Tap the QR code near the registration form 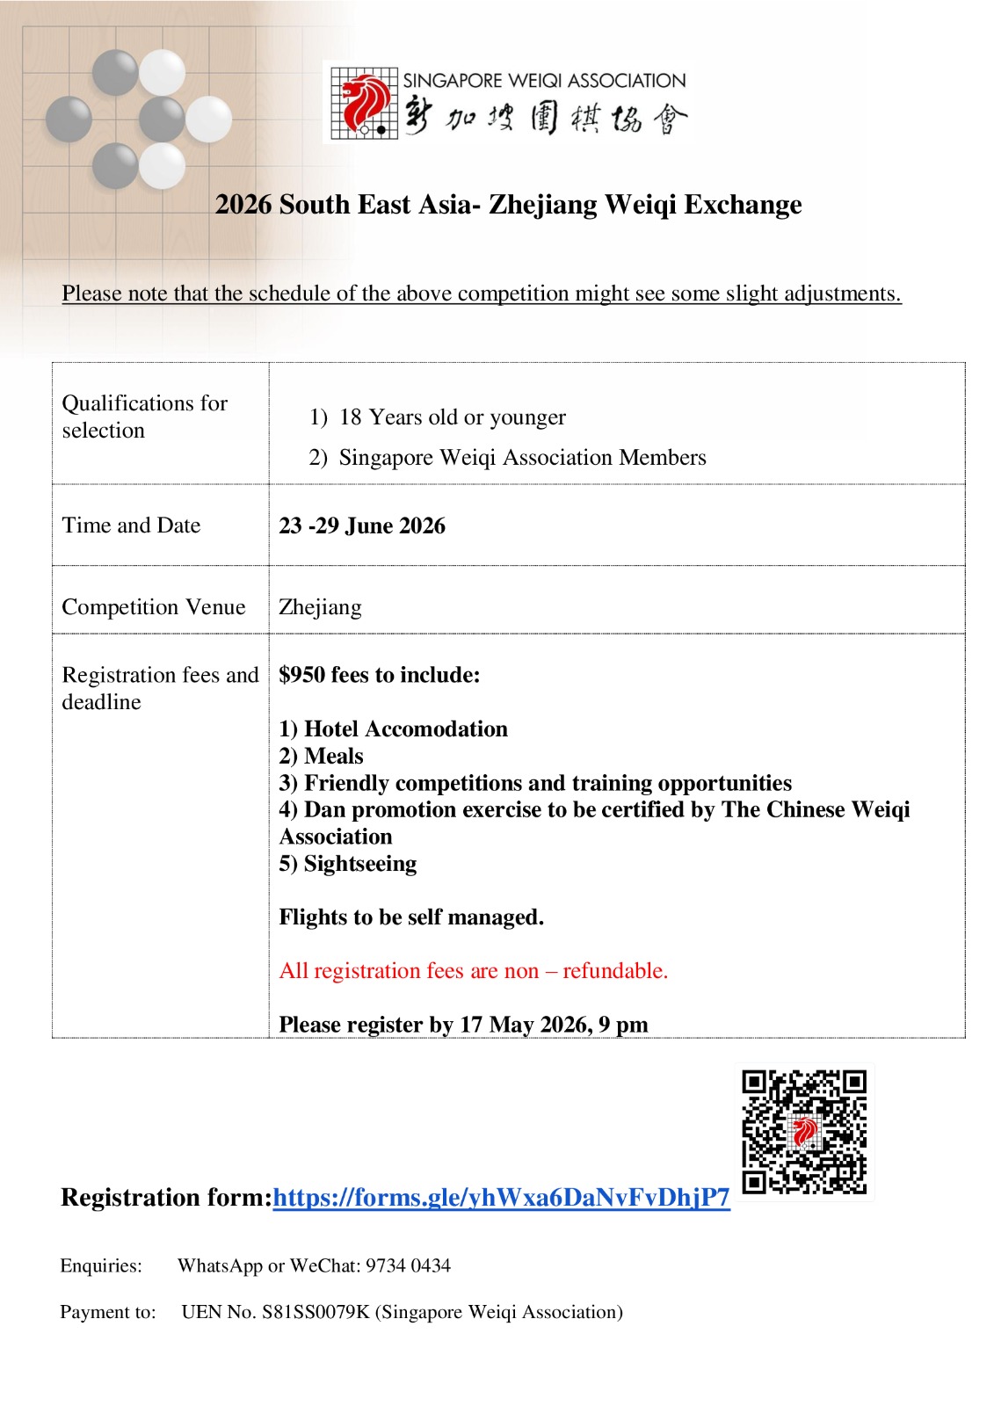(804, 1132)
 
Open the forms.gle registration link (501, 1198)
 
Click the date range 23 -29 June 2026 (362, 526)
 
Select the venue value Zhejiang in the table (320, 607)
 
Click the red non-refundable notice (473, 971)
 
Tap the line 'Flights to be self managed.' (411, 917)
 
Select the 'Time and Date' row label (131, 525)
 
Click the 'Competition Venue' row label (154, 607)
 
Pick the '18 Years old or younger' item (452, 417)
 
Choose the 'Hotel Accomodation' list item (405, 729)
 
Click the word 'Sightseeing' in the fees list (360, 864)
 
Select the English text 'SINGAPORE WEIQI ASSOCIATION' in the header (544, 81)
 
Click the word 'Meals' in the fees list (333, 757)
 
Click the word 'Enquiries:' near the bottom (101, 1266)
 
